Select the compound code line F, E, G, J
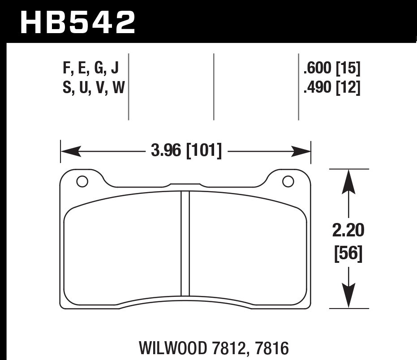(91, 69)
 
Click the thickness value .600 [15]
(331, 69)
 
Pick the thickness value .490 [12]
(331, 88)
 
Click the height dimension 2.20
(348, 231)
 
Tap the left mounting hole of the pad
(82, 181)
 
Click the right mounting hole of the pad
(288, 181)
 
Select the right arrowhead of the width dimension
(301, 152)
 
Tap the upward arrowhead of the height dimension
(348, 179)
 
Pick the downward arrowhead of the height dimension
(348, 298)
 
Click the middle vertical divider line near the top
(214, 86)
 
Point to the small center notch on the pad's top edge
(185, 184)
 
